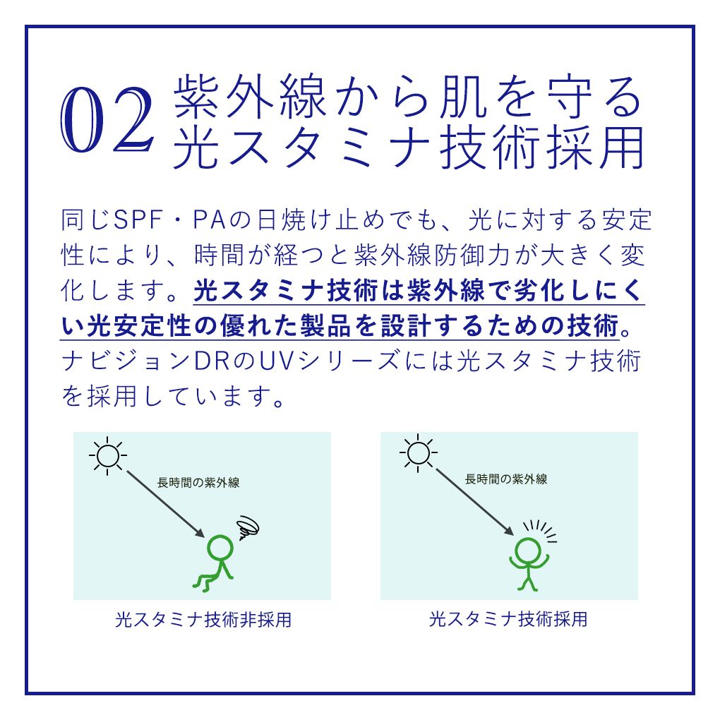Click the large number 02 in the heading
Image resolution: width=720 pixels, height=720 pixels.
tap(107, 119)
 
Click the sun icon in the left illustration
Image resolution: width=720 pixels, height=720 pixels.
tap(107, 455)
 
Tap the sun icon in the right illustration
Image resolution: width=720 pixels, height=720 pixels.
tap(418, 453)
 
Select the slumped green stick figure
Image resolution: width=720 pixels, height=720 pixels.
tap(215, 563)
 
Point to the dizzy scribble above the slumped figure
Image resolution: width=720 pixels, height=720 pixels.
tap(248, 527)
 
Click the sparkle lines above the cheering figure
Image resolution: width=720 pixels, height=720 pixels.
tap(541, 530)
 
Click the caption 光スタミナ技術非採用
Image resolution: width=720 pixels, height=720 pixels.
tap(203, 620)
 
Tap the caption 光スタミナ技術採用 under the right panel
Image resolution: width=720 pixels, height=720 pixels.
tap(508, 619)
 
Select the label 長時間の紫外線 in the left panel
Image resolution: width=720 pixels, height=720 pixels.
tap(198, 483)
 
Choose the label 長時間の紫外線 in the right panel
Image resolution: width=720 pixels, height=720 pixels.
tap(506, 479)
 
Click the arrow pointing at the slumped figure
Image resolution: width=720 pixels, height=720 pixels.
tap(165, 504)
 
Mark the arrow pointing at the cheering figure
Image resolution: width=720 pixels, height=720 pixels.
tap(474, 501)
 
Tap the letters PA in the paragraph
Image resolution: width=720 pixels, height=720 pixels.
tap(209, 220)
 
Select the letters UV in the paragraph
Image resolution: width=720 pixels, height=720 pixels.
tap(277, 361)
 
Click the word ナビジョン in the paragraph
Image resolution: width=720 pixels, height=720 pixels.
tap(126, 361)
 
